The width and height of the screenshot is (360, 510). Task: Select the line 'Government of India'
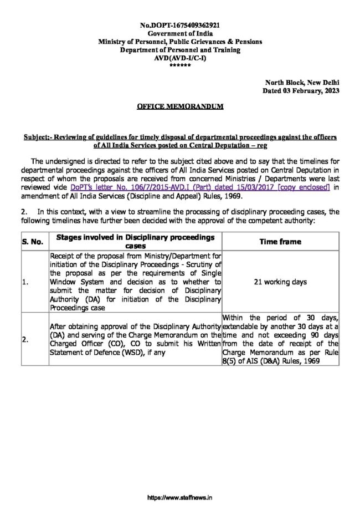click(180, 34)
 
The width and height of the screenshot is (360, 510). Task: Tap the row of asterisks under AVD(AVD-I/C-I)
click(180, 65)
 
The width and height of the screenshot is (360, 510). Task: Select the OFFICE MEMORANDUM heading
click(180, 106)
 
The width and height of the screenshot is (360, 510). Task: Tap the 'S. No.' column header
click(33, 242)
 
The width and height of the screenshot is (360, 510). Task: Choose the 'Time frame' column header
click(281, 242)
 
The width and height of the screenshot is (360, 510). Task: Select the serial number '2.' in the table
click(25, 340)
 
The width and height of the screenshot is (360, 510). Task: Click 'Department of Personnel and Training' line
click(180, 50)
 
